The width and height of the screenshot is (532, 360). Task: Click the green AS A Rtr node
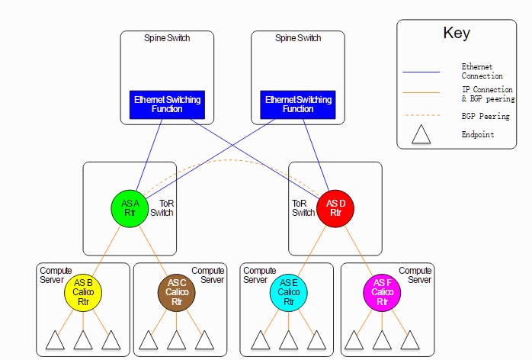(x=130, y=208)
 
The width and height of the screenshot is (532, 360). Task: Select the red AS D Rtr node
(x=335, y=208)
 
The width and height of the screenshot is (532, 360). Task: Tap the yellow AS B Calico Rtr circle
(x=83, y=292)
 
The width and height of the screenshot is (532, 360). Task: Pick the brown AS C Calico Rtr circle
(x=176, y=292)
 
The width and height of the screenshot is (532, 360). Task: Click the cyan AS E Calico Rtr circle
(x=289, y=292)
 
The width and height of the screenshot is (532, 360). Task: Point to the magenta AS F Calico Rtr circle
(x=382, y=292)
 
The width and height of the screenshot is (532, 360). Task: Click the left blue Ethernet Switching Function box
(x=167, y=104)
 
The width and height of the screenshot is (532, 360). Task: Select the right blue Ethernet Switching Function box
(x=298, y=104)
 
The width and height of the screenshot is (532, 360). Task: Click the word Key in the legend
(x=457, y=33)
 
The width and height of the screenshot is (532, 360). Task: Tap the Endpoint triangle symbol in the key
(x=421, y=134)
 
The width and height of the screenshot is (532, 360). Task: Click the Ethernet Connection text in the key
(x=482, y=71)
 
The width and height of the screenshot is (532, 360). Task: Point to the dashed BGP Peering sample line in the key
(x=421, y=115)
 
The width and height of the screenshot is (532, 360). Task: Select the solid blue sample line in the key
(x=421, y=72)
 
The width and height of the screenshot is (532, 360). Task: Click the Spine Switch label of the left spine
(x=167, y=38)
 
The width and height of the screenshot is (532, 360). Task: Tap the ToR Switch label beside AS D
(x=303, y=208)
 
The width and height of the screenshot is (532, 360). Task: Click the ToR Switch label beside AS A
(x=162, y=208)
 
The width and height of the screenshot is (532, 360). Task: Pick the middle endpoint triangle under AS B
(x=83, y=340)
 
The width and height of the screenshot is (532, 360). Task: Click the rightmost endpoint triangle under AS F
(x=410, y=340)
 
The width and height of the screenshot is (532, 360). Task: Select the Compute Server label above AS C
(x=207, y=275)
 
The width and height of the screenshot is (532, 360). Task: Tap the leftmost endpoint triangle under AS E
(x=261, y=340)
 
